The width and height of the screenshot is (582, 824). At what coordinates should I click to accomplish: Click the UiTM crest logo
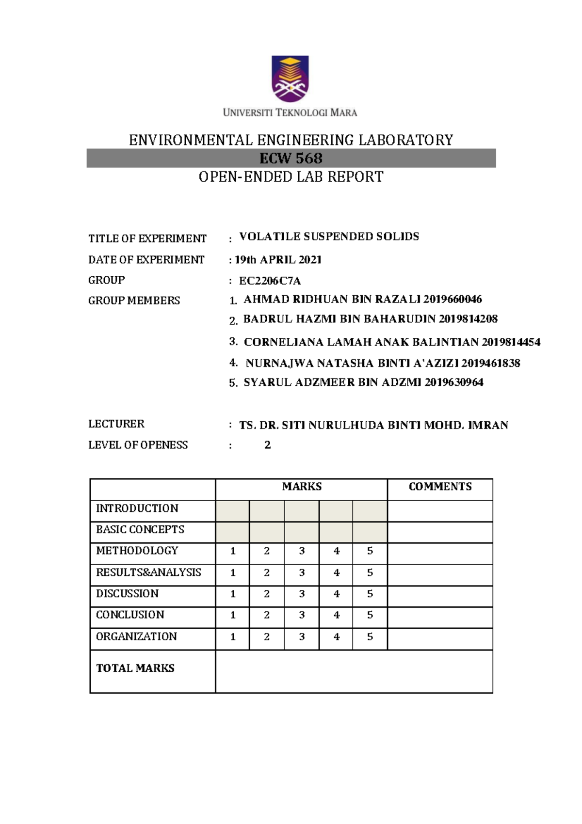[290, 79]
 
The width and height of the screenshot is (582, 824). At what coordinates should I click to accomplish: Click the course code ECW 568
[291, 158]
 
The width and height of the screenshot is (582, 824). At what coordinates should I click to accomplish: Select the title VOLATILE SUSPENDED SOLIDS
[329, 237]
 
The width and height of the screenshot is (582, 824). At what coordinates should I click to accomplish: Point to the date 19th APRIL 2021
[278, 260]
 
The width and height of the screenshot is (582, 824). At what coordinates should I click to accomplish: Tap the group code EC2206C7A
[270, 281]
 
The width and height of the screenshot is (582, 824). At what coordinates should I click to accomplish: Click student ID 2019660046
[453, 299]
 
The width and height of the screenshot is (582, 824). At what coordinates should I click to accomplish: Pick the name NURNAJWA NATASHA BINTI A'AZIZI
[352, 363]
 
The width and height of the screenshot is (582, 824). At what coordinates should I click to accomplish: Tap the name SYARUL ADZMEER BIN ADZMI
[333, 382]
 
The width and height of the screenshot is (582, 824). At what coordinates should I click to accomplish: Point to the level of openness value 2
[267, 445]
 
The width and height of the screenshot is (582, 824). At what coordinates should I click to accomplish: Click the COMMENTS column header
[440, 487]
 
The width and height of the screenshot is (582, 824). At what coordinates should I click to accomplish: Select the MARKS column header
[302, 487]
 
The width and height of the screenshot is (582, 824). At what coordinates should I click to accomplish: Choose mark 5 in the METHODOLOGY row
[370, 551]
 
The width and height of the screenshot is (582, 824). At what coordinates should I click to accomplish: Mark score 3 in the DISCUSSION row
[302, 594]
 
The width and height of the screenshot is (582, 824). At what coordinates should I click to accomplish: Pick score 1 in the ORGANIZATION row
[233, 637]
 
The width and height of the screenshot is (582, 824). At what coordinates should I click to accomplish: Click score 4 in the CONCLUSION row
[337, 615]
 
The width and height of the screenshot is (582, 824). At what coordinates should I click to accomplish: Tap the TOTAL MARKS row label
[135, 668]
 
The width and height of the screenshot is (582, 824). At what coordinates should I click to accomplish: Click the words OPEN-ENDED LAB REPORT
[291, 177]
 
